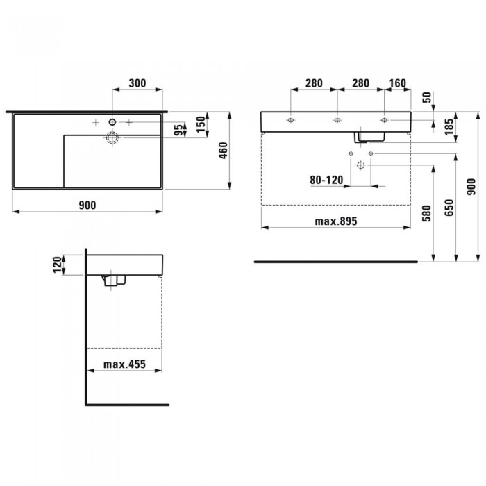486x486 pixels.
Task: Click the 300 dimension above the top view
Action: (x=137, y=83)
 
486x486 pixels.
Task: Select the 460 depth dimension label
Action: (x=223, y=151)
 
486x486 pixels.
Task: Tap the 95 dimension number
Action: (x=178, y=130)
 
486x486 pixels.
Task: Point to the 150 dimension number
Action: (x=201, y=124)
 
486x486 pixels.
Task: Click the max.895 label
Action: (x=336, y=221)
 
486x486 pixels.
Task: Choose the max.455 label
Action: (x=124, y=364)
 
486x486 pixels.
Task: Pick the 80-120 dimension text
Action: (x=326, y=180)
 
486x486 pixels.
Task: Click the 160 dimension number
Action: (x=397, y=83)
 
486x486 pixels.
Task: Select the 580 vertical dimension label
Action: (x=427, y=213)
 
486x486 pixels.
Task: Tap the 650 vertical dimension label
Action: (x=449, y=208)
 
